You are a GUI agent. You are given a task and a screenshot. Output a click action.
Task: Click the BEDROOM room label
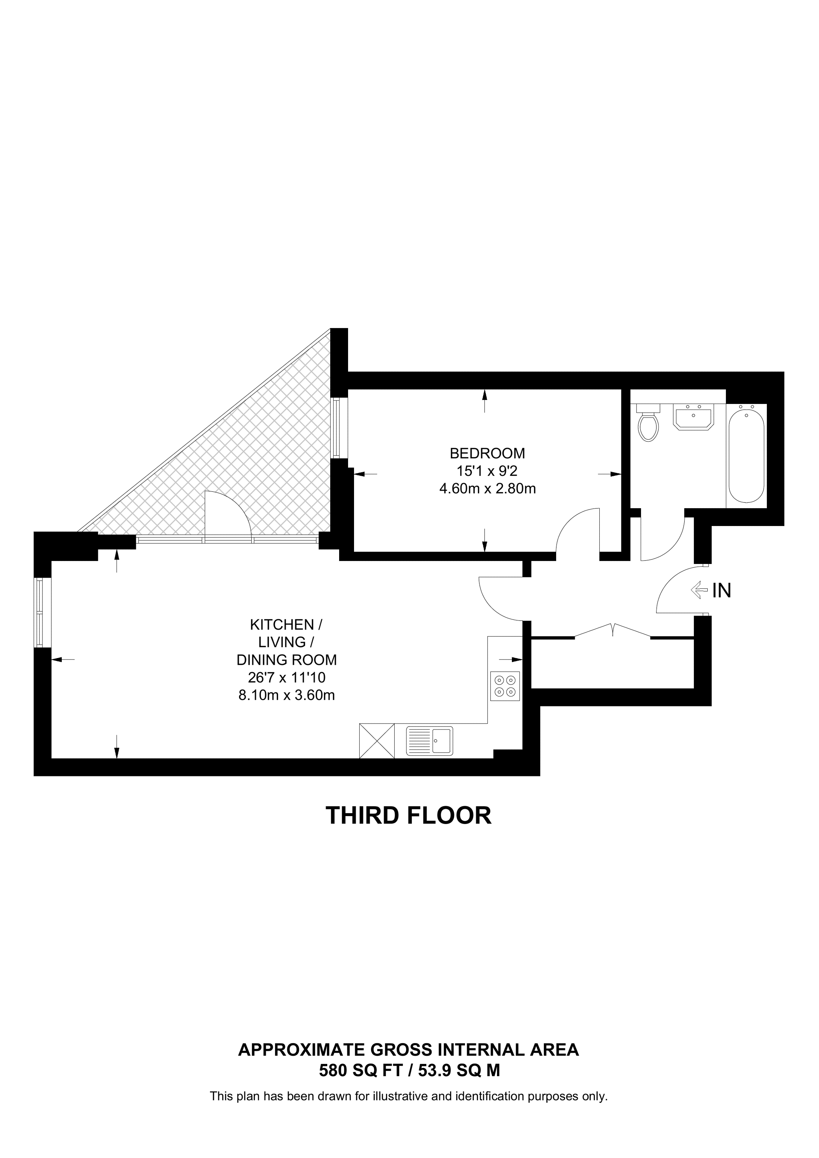point(487,453)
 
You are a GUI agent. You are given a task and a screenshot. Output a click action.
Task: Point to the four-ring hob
point(505,686)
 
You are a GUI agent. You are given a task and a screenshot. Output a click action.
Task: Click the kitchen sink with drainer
point(430,741)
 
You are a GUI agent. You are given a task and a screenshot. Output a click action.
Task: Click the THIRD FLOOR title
point(408,815)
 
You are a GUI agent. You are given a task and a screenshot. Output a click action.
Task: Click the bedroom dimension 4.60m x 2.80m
point(487,489)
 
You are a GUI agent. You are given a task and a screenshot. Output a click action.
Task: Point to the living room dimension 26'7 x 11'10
point(286,677)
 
